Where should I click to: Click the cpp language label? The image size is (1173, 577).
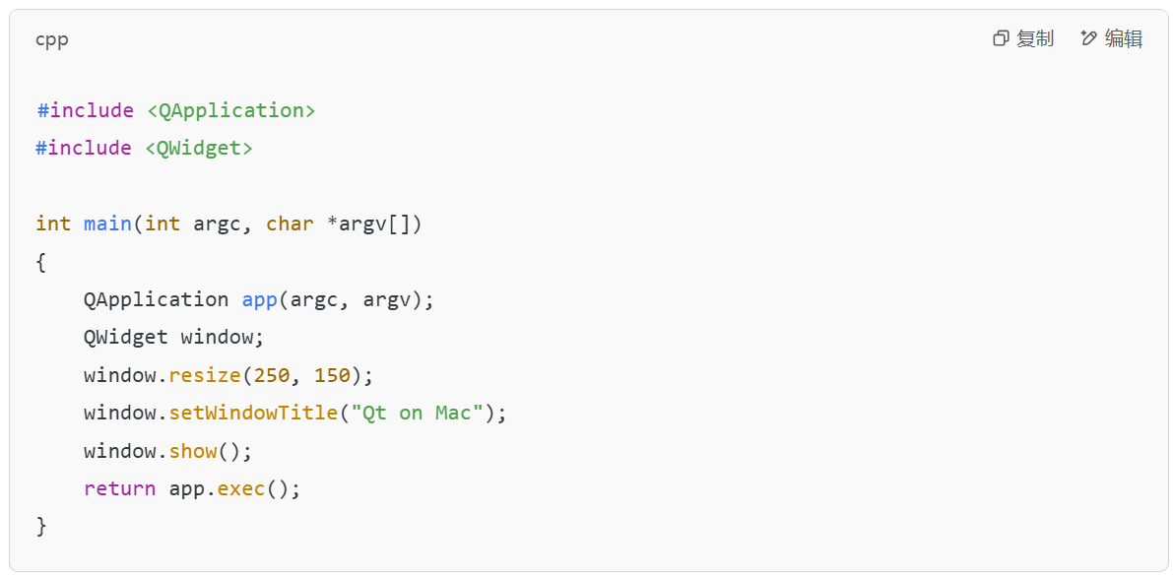click(51, 40)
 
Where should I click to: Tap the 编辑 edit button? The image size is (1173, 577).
click(1112, 39)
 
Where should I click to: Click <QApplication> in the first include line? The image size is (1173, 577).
click(231, 110)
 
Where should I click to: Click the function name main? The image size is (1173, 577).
click(107, 224)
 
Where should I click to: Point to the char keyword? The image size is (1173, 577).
click(290, 224)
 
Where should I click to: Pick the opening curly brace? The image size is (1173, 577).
click(40, 262)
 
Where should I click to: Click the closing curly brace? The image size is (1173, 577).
click(40, 527)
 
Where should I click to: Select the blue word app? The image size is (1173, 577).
click(260, 301)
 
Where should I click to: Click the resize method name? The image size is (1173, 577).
click(205, 375)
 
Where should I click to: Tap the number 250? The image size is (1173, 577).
click(272, 375)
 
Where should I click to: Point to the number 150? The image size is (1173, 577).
click(332, 375)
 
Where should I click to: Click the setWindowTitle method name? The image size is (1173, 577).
click(253, 414)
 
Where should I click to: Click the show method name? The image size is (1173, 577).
click(193, 451)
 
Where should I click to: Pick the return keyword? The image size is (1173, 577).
click(120, 488)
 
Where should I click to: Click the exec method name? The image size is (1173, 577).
click(241, 488)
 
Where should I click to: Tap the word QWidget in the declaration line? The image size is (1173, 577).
click(126, 338)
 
